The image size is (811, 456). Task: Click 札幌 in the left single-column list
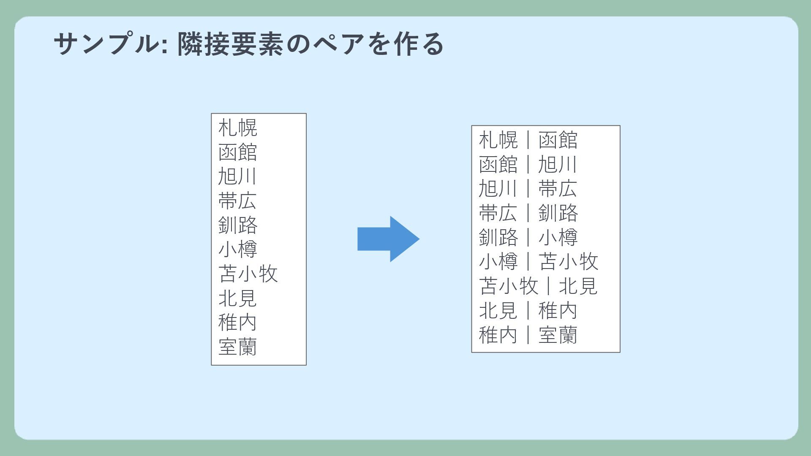pyautogui.click(x=237, y=128)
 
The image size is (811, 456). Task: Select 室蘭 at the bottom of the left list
pyautogui.click(x=237, y=347)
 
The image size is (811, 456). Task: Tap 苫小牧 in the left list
pyautogui.click(x=248, y=274)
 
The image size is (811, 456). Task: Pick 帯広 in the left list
pyautogui.click(x=237, y=201)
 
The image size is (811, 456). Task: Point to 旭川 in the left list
pyautogui.click(x=237, y=176)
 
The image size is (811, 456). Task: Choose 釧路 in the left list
pyautogui.click(x=237, y=225)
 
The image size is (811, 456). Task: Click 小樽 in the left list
pyautogui.click(x=237, y=249)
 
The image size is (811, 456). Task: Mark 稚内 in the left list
pyautogui.click(x=237, y=323)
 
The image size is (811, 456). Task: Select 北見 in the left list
pyautogui.click(x=237, y=298)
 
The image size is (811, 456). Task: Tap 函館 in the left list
pyautogui.click(x=237, y=152)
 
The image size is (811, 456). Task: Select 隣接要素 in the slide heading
pyautogui.click(x=230, y=44)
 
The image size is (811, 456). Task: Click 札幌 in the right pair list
pyautogui.click(x=498, y=140)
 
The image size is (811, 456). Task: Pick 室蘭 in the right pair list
pyautogui.click(x=558, y=335)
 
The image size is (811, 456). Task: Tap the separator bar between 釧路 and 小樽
pyautogui.click(x=528, y=237)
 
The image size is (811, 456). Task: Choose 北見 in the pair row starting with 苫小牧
pyautogui.click(x=578, y=286)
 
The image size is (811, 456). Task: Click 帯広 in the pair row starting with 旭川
pyautogui.click(x=558, y=189)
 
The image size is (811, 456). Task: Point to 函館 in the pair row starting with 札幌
pyautogui.click(x=558, y=140)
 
